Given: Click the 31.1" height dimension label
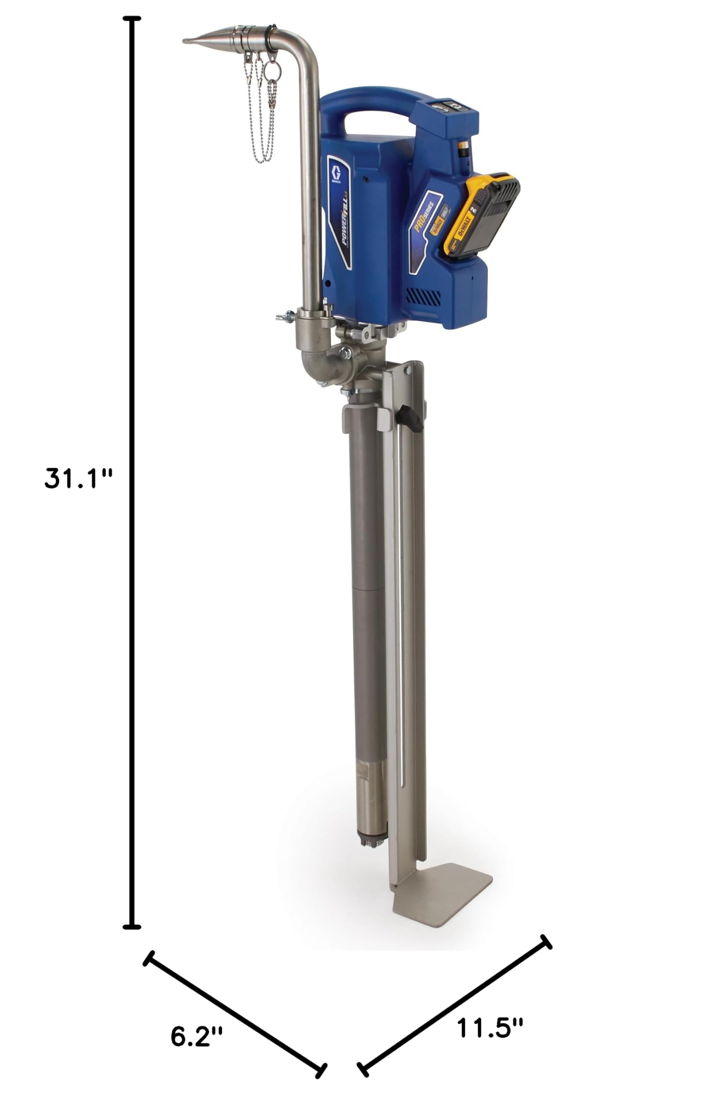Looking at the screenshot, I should click(78, 479).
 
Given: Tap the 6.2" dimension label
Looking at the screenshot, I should click(196, 1036).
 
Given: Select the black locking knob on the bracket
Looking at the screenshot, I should click(410, 419).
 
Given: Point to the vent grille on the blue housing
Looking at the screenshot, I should click(423, 296).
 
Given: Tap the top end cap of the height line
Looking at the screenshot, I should click(132, 19).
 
